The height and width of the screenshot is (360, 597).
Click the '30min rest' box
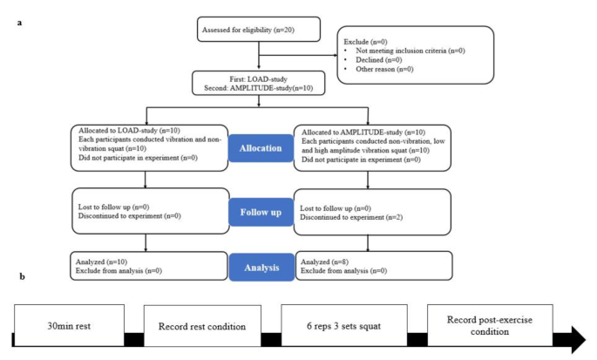68,327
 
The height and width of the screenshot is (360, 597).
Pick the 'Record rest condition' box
202,327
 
